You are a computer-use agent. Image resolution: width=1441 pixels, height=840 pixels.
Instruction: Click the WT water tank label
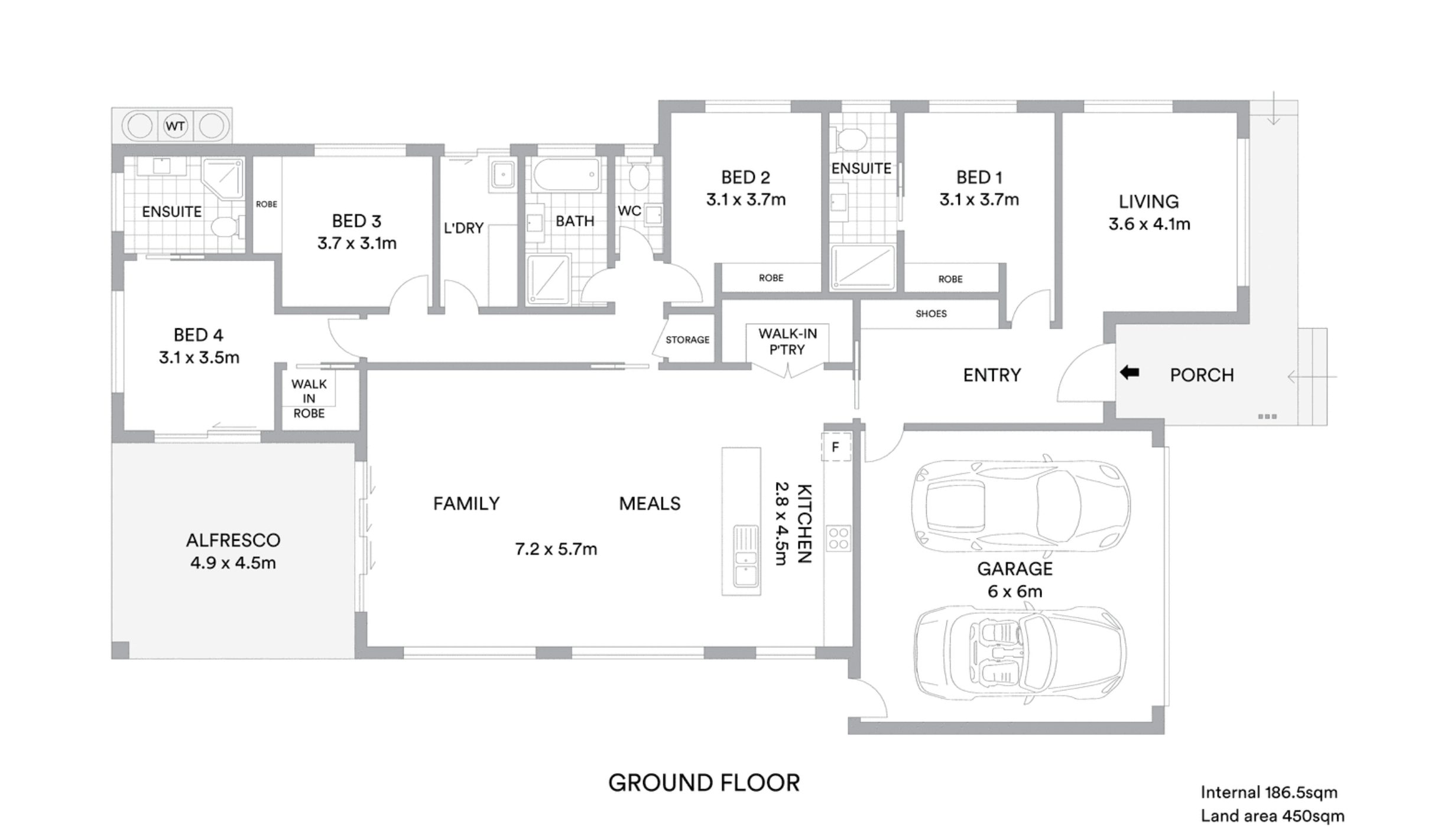tap(175, 126)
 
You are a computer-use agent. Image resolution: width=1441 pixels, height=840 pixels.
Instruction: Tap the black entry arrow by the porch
tap(1130, 373)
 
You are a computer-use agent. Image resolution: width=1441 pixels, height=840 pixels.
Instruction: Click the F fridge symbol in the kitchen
tap(835, 447)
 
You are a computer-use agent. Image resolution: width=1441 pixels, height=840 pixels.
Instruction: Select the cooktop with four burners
tap(838, 538)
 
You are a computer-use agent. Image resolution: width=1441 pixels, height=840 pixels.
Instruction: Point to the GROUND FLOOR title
tap(704, 783)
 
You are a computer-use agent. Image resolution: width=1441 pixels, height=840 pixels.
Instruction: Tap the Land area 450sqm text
tap(1272, 816)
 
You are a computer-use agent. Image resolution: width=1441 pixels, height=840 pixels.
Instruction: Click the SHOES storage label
tap(931, 314)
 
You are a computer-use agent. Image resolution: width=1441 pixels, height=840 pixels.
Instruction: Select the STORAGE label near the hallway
tap(687, 340)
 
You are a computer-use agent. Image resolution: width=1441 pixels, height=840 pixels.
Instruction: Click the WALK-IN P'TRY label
tap(787, 341)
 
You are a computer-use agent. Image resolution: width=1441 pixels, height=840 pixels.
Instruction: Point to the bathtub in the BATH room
tap(566, 174)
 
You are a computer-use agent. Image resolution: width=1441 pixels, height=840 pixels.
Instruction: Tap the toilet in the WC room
tap(638, 172)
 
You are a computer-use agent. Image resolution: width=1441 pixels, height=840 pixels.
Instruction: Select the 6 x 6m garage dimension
tap(1015, 591)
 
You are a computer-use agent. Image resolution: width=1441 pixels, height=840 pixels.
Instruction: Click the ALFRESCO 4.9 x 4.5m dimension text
tap(233, 563)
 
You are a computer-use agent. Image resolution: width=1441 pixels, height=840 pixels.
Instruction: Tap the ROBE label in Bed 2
tap(771, 278)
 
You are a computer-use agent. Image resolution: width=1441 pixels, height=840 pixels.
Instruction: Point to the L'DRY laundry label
tap(463, 227)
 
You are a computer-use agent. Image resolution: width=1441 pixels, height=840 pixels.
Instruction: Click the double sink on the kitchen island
tap(745, 556)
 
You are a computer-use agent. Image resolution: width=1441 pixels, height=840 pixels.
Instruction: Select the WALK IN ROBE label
tap(309, 398)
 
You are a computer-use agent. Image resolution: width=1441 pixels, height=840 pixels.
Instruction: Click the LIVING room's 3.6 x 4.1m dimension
tap(1149, 224)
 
